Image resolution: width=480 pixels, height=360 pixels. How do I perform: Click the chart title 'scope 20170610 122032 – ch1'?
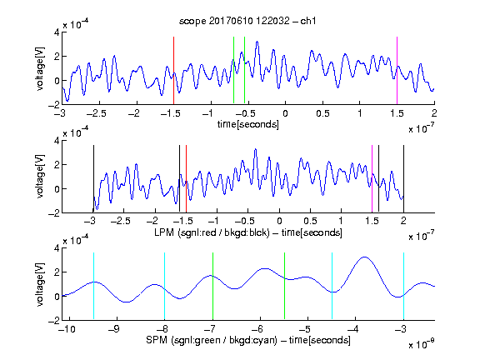pyautogui.click(x=247, y=21)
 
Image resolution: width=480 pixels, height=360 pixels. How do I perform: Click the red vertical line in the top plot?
pyautogui.click(x=173, y=70)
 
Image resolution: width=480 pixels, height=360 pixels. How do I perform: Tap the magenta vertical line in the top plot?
pyautogui.click(x=397, y=70)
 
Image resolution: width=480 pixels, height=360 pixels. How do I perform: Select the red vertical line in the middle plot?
pyautogui.click(x=186, y=178)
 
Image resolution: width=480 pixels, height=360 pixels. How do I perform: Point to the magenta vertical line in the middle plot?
pyautogui.click(x=372, y=178)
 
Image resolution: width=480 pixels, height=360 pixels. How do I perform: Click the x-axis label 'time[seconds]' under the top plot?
pyautogui.click(x=248, y=124)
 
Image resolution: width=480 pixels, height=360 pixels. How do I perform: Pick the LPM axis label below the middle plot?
pyautogui.click(x=248, y=232)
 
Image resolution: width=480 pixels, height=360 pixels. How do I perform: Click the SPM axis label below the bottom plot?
pyautogui.click(x=248, y=340)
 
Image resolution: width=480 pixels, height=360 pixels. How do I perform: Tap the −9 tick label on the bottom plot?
pyautogui.click(x=114, y=329)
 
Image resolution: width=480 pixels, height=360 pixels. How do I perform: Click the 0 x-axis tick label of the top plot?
pyautogui.click(x=285, y=113)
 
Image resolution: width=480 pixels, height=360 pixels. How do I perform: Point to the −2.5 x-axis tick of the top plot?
pyautogui.click(x=96, y=113)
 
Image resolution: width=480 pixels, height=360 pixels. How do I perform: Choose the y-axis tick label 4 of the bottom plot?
pyautogui.click(x=57, y=248)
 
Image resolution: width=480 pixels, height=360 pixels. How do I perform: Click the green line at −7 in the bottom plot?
pyautogui.click(x=212, y=286)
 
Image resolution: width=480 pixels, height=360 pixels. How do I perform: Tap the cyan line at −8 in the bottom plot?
pyautogui.click(x=165, y=286)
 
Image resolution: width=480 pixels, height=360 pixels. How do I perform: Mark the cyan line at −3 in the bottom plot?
pyautogui.click(x=404, y=286)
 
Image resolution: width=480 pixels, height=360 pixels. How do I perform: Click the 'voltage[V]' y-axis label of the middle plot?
pyautogui.click(x=40, y=177)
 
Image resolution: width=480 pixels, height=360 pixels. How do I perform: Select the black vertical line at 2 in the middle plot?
pyautogui.click(x=403, y=178)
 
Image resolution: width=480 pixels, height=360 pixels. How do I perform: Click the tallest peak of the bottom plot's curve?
pyautogui.click(x=364, y=257)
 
